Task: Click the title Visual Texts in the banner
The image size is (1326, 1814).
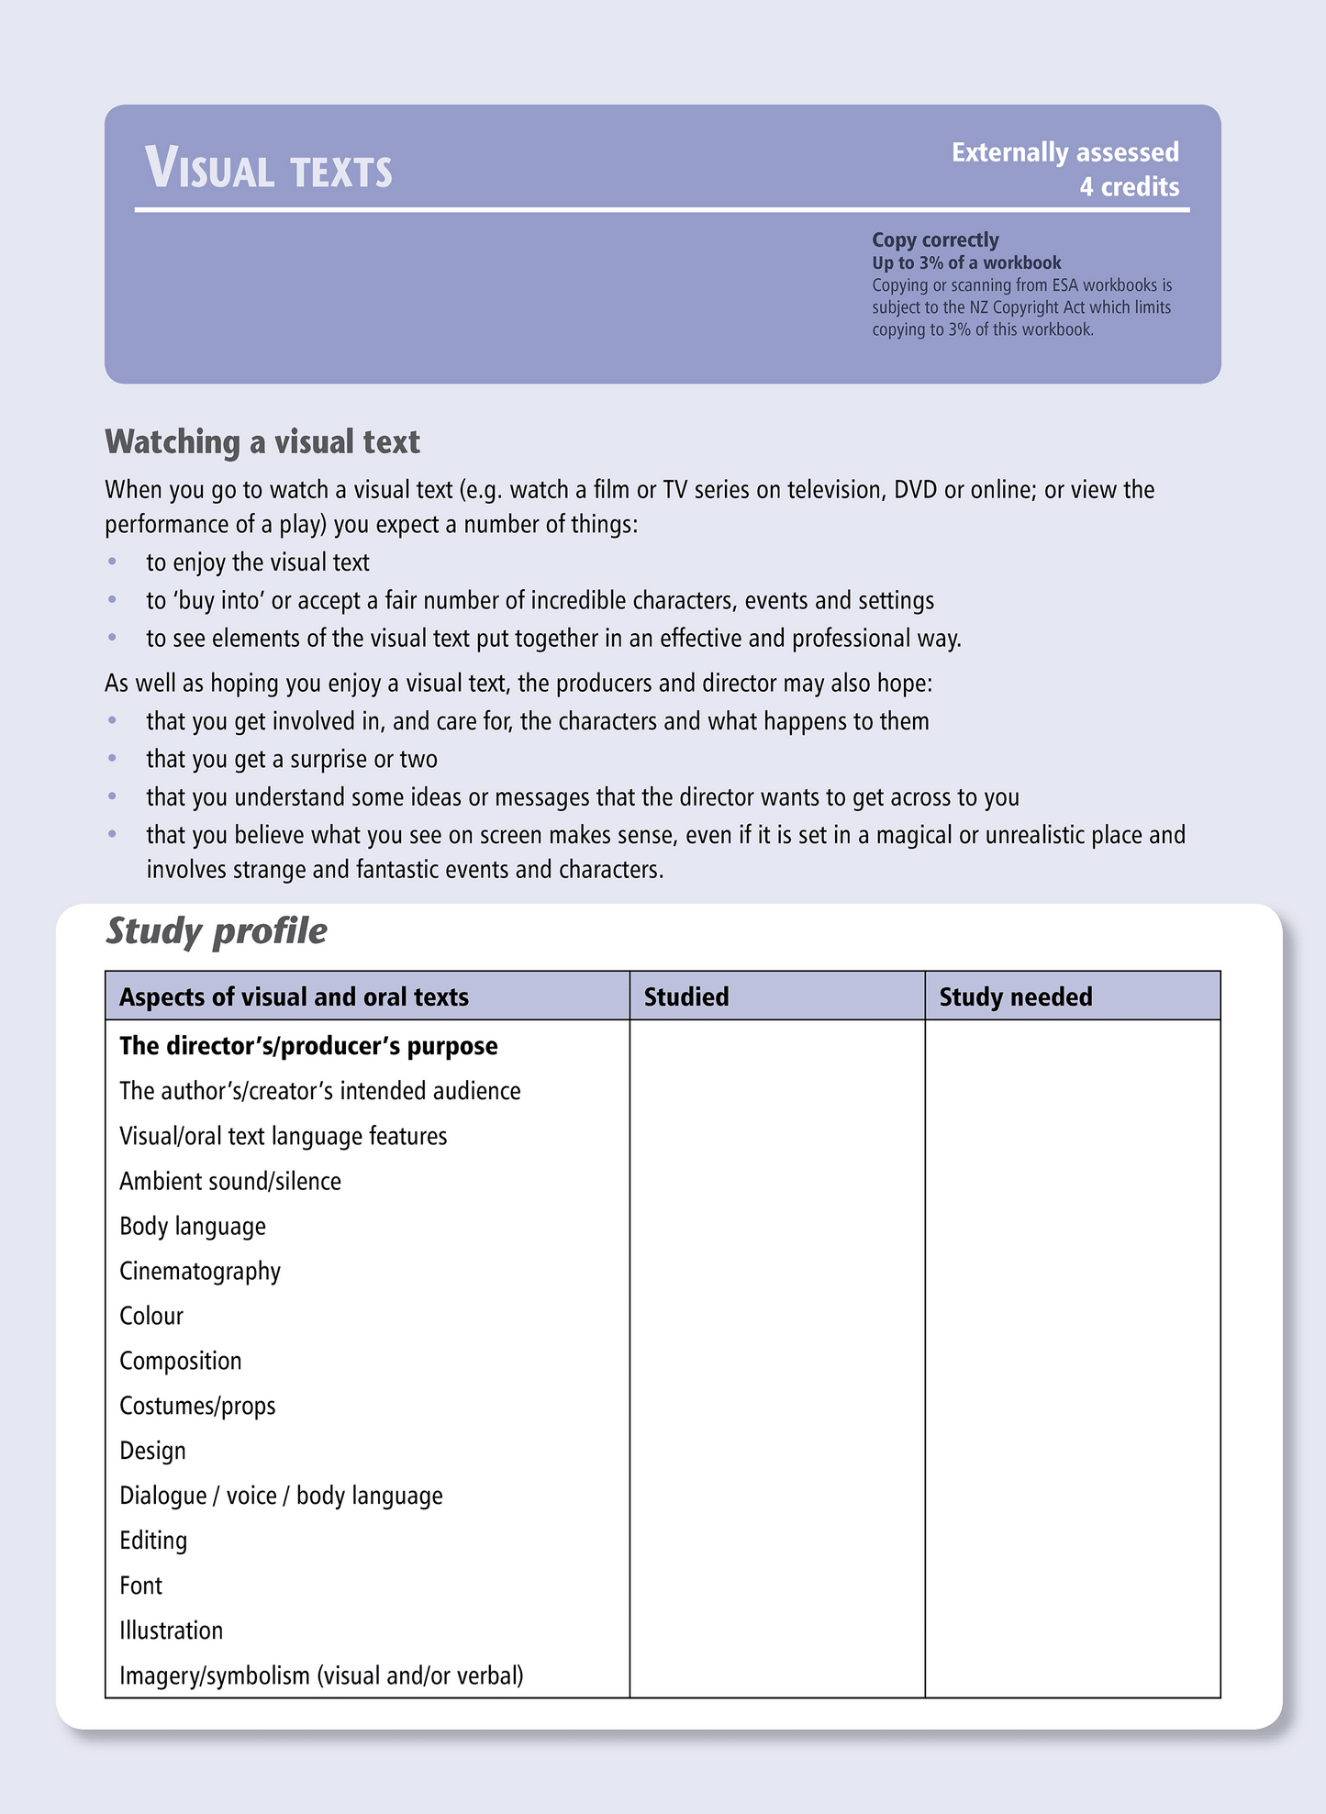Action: [x=268, y=170]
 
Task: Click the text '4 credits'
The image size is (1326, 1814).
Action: [x=1129, y=187]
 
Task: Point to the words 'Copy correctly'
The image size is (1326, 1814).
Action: [x=934, y=239]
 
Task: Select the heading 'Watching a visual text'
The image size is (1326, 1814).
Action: [x=262, y=442]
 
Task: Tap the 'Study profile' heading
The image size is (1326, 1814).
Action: [x=217, y=931]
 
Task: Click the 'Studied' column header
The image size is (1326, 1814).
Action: [x=686, y=996]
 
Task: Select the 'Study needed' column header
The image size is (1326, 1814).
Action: [x=1015, y=996]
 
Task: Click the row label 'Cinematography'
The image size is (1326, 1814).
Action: [x=200, y=1271]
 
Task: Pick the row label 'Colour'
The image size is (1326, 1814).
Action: [x=151, y=1316]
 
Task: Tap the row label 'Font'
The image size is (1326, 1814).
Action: [x=140, y=1586]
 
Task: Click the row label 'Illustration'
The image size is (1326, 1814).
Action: [x=172, y=1630]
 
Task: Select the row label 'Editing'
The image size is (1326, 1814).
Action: [x=153, y=1541]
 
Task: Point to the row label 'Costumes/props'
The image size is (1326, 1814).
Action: [x=197, y=1406]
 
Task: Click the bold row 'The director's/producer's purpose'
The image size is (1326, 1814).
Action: [x=308, y=1046]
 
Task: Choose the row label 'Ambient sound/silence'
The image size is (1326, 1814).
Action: [x=230, y=1181]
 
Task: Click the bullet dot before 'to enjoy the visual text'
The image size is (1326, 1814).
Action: [x=113, y=561]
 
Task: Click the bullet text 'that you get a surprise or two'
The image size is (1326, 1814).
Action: [x=292, y=759]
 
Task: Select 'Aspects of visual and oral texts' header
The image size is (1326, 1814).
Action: [x=294, y=996]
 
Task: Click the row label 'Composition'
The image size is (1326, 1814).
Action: [x=181, y=1361]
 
